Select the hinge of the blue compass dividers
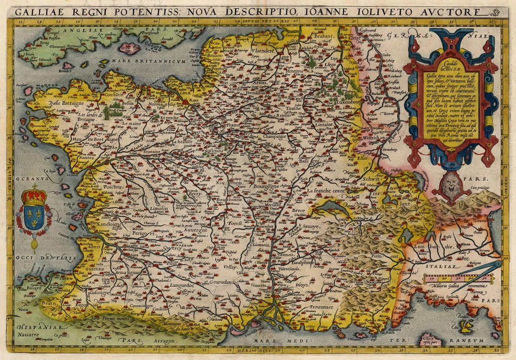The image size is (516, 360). (x=499, y=264)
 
